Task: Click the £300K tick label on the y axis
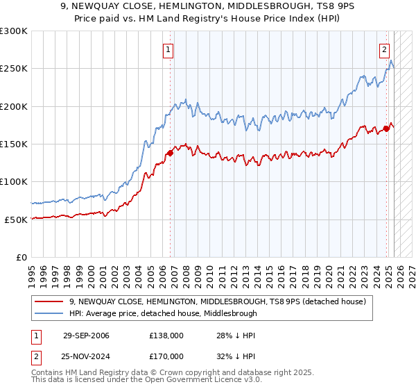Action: point(14,31)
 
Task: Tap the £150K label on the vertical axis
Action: point(14,144)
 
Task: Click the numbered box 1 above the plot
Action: point(168,49)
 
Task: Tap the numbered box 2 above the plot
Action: point(384,49)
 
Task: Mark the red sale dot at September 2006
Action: point(171,153)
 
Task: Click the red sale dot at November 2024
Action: point(386,129)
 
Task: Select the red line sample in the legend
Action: point(49,302)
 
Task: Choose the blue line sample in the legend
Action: point(49,313)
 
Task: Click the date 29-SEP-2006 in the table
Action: point(86,336)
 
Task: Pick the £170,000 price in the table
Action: point(166,356)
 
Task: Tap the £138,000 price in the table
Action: point(166,336)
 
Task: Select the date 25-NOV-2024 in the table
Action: point(86,356)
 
